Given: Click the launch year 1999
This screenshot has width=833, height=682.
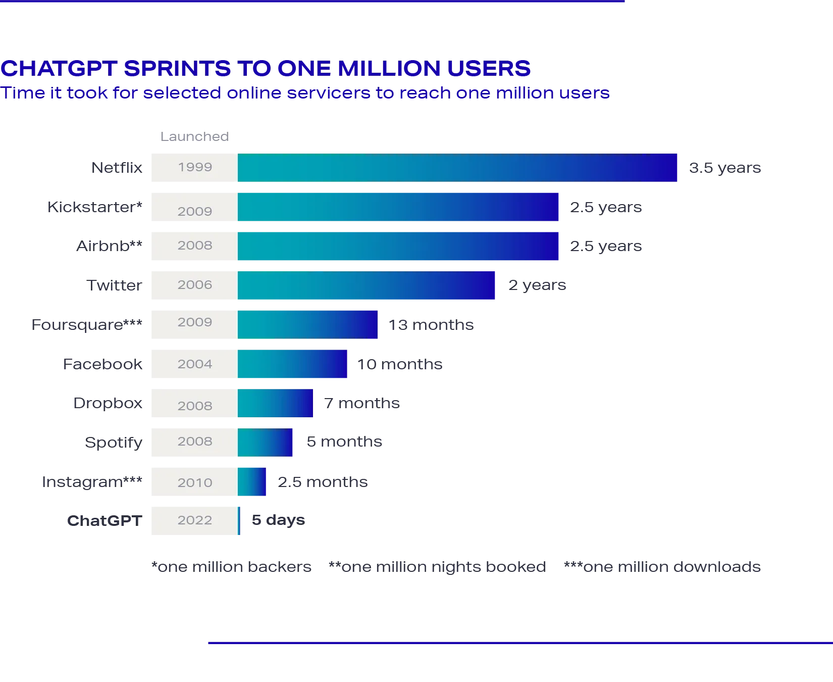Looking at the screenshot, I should point(194,167).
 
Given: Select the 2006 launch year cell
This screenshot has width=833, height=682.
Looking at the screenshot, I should point(194,285).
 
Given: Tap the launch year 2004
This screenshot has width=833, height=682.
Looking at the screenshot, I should point(194,364).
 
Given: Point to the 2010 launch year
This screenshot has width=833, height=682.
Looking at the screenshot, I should point(194,482).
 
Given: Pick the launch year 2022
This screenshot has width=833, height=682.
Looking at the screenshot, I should point(194,520).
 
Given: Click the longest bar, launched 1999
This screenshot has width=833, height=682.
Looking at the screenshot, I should point(457,168).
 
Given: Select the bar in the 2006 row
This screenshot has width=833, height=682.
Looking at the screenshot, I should point(367,286).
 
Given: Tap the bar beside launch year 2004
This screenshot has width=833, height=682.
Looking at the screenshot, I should point(292,364).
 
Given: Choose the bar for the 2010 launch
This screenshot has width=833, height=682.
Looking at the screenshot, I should point(252,481).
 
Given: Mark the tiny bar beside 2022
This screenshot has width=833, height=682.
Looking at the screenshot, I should point(240,521).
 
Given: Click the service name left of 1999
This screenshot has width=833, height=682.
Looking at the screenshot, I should point(117,168).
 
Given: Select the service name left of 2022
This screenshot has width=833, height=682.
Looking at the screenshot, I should point(105,521).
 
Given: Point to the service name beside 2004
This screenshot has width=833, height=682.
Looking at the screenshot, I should point(103,364).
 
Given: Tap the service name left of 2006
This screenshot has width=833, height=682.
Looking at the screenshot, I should point(115,285).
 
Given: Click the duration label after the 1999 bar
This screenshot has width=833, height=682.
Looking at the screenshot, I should point(724,168).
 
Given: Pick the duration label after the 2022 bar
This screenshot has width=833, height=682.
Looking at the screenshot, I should point(278,520).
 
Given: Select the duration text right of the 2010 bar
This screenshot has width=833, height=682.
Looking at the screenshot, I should point(321,482).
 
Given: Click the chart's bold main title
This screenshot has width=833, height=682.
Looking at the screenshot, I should point(266,68).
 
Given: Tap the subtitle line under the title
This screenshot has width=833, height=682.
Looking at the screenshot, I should point(305,94).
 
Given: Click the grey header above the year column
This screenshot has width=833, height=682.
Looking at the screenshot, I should point(194,135).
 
